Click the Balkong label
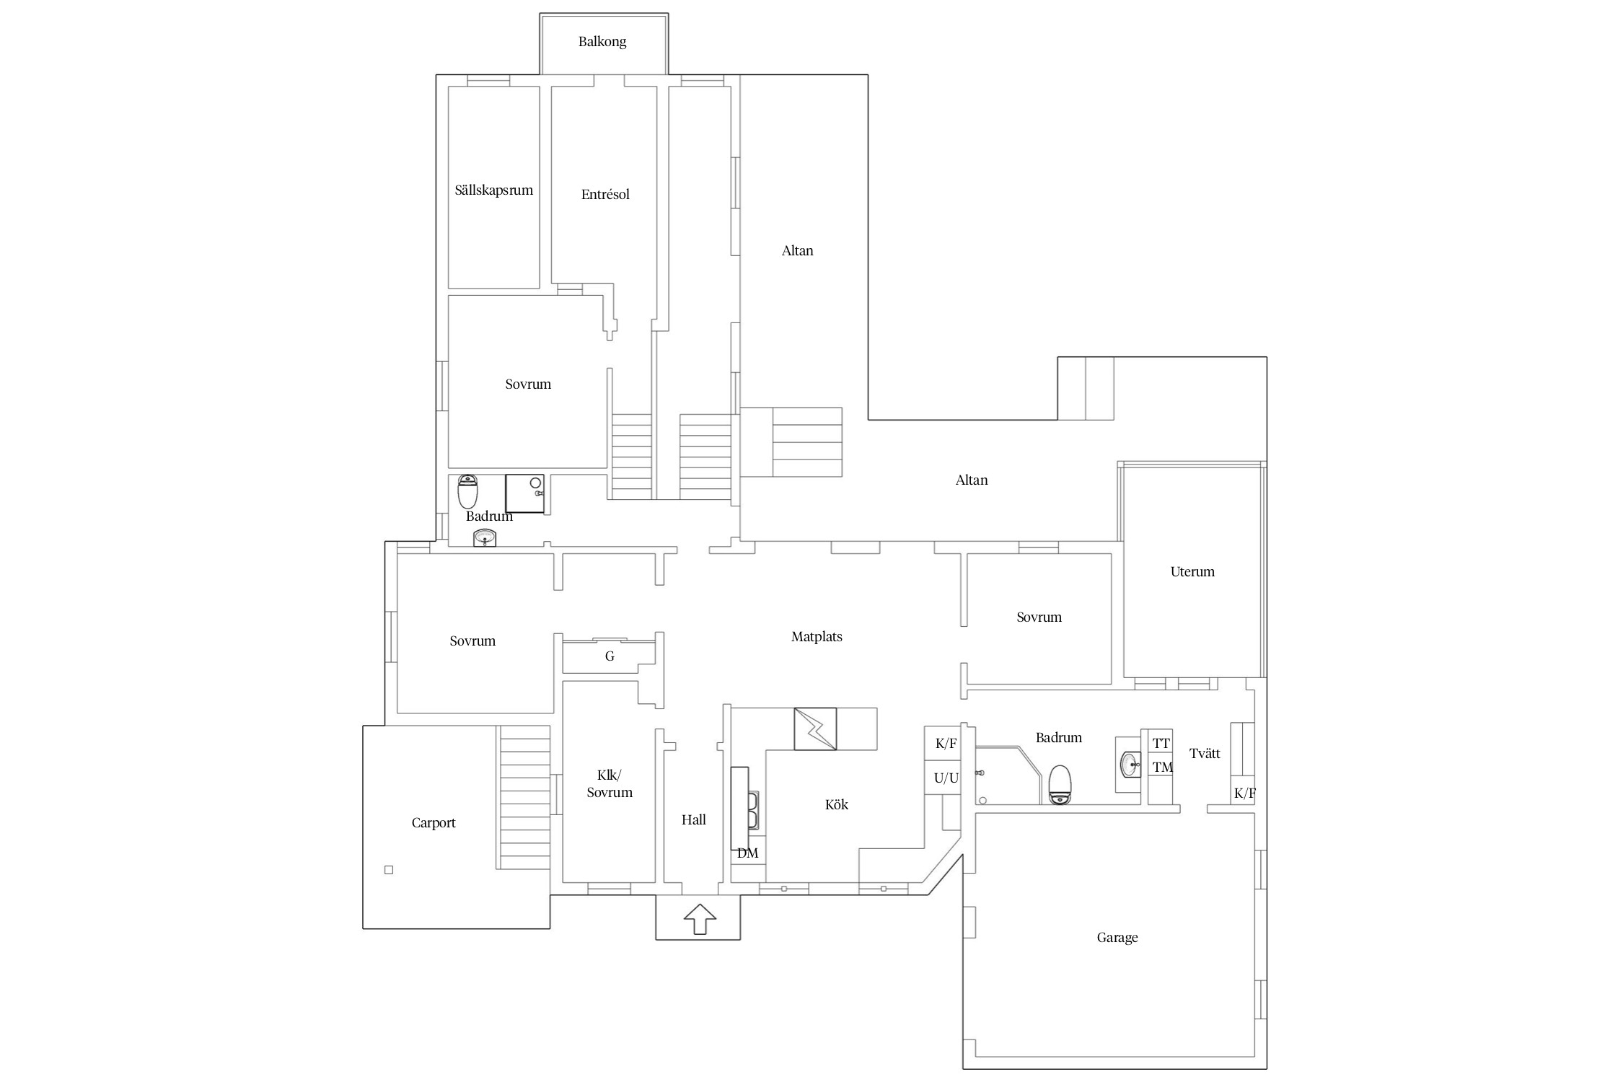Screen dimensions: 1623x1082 pos(602,42)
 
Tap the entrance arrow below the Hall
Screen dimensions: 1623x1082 pos(699,919)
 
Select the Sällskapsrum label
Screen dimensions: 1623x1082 pos(494,190)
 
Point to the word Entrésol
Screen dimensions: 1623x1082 pos(605,194)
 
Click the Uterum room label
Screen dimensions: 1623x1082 pos(1192,572)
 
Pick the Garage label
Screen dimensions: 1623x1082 pos(1117,938)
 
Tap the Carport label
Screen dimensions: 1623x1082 pos(434,823)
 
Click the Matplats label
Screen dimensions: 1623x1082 pos(817,637)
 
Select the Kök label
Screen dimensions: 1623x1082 pos(837,804)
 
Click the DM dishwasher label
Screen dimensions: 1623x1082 pos(748,853)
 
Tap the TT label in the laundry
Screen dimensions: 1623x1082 pos(1161,744)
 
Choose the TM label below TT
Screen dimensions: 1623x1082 pos(1162,767)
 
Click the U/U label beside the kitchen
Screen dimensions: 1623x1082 pos(946,778)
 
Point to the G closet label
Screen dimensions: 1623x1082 pos(610,656)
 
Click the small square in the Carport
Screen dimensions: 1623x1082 pos(389,870)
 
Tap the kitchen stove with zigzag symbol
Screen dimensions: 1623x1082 pos(815,729)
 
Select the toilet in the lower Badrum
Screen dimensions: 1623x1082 pos(1060,785)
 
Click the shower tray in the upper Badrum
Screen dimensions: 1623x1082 pos(524,493)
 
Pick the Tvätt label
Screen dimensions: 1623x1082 pos(1205,754)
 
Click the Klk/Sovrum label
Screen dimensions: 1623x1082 pos(610,784)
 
